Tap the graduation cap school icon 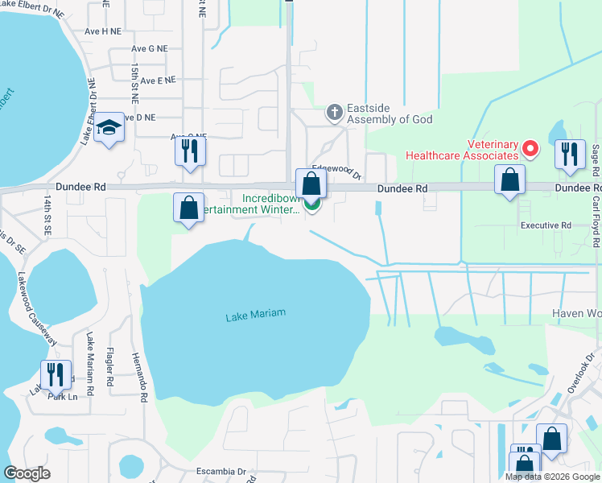tap(109, 129)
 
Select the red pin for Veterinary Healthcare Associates tap(530, 148)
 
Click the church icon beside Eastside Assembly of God tap(335, 114)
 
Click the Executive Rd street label tap(546, 226)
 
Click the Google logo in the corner tap(27, 473)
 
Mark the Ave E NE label tap(158, 80)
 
